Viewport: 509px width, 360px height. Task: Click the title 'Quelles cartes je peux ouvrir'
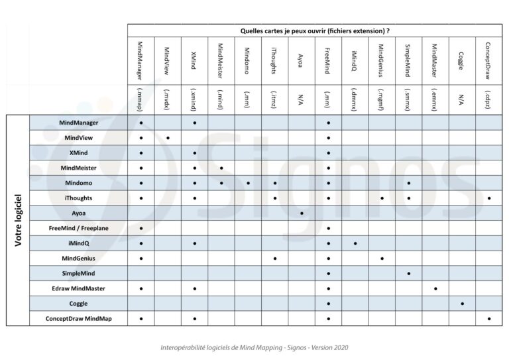point(315,30)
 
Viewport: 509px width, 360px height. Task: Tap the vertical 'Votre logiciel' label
point(18,221)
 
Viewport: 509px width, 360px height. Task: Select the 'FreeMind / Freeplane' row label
point(79,228)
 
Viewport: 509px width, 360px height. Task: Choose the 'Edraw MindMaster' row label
point(79,288)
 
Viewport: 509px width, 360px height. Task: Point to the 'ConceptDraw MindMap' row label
point(79,319)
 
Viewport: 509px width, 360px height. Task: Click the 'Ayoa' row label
point(79,213)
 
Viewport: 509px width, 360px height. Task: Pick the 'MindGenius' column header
point(381,60)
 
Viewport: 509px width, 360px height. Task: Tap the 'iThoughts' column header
point(274,60)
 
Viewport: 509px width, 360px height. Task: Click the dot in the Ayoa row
point(302,213)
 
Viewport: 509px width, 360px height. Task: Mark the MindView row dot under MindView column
point(168,138)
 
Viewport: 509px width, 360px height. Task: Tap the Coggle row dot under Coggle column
point(462,304)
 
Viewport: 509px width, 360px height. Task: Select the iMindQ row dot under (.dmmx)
point(355,243)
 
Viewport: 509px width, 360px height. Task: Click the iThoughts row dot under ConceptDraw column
point(488,198)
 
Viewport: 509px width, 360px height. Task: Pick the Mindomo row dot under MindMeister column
point(221,183)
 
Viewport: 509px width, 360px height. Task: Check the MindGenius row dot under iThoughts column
point(274,259)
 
